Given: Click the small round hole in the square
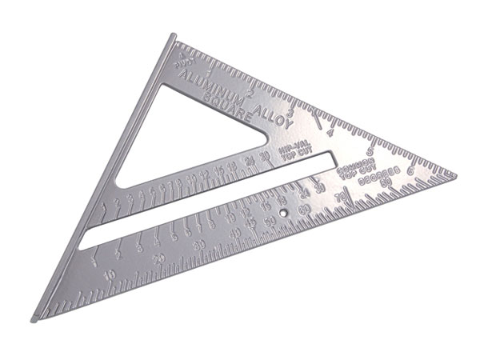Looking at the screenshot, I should [286, 214].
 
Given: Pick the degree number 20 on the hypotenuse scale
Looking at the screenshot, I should [160, 258].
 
